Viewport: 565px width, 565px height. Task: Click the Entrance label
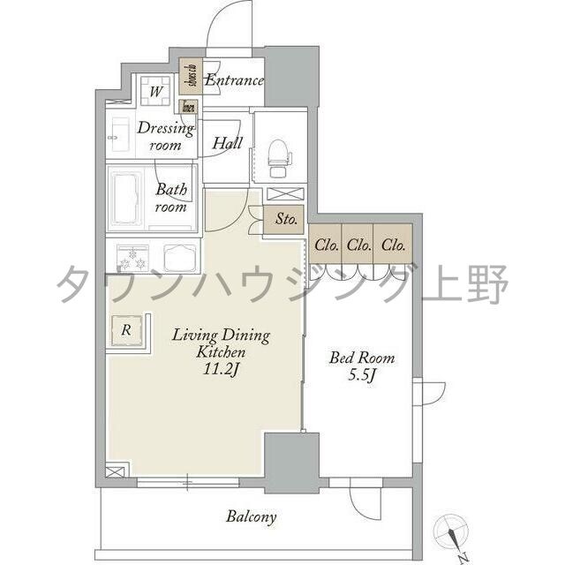click(234, 81)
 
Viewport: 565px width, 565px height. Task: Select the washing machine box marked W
click(154, 90)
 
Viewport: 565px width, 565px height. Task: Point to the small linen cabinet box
click(187, 108)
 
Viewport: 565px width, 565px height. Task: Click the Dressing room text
click(164, 137)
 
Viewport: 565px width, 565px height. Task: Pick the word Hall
click(227, 143)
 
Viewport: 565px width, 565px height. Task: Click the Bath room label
click(171, 198)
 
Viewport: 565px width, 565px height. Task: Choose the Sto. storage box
click(284, 220)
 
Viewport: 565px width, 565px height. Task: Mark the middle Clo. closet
click(358, 245)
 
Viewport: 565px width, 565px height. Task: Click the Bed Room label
click(362, 358)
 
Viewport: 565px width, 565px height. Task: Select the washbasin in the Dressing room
click(117, 137)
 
